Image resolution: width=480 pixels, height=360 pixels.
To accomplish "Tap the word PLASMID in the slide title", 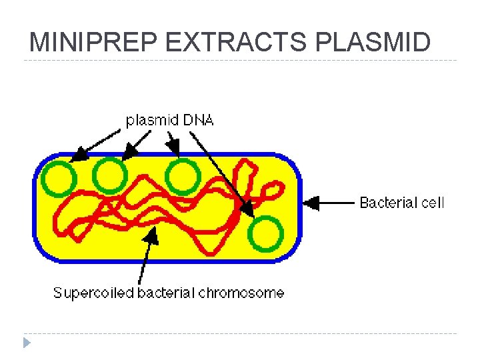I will coord(373,43).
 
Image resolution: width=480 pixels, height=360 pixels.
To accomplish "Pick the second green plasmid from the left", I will coord(109,176).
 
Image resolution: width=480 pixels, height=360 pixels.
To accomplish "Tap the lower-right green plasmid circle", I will coord(266,234).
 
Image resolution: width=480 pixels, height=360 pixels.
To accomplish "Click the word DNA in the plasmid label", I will coord(198,121).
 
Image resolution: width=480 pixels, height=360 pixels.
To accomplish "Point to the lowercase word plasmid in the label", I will coord(151,121).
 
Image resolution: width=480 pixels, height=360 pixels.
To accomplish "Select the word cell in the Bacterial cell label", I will coord(432,203).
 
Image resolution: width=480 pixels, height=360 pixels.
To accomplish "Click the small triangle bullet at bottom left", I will coord(26,343).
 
